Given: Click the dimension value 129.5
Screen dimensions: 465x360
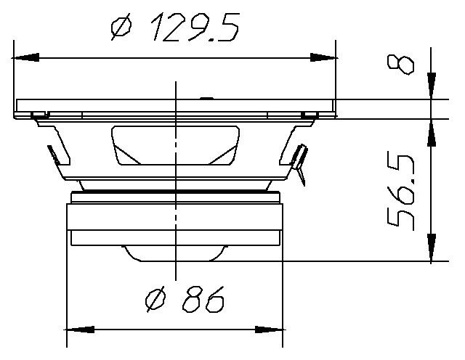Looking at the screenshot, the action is point(195,27).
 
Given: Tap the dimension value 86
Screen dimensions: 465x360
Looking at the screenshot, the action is point(203,298).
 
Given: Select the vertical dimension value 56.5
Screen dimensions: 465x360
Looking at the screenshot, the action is point(401,192).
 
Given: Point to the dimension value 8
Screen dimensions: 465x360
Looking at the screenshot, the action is point(400,65).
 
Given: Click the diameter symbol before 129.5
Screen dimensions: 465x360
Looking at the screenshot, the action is point(121,28).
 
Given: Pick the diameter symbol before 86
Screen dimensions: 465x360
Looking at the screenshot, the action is point(155,299).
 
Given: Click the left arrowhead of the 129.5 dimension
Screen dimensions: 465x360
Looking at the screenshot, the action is point(26,57).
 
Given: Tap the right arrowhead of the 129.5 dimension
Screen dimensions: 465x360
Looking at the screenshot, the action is point(323,57).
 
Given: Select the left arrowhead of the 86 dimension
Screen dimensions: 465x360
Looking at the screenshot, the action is point(80,330).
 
